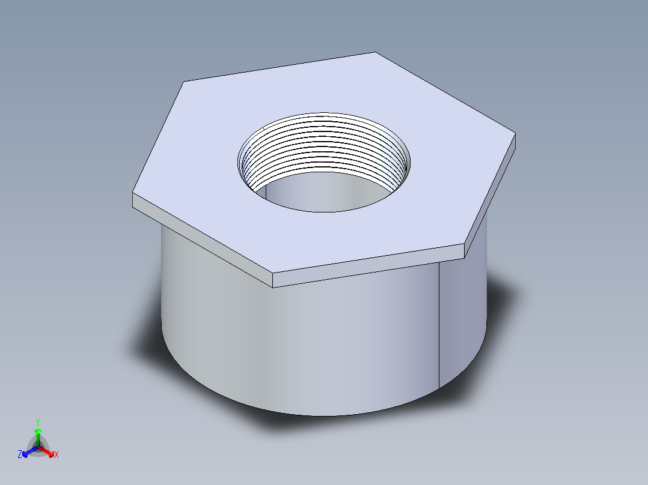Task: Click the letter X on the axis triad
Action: click(x=57, y=455)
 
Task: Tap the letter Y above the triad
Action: click(x=38, y=421)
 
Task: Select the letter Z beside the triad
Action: click(x=20, y=454)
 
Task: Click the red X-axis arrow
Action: click(x=48, y=451)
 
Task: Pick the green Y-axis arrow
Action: click(x=38, y=435)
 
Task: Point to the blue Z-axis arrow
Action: click(x=28, y=451)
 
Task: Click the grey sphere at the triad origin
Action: click(x=38, y=447)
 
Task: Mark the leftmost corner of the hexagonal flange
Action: click(x=133, y=194)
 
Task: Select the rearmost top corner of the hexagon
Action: click(x=376, y=52)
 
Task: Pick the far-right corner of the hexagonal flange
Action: click(x=515, y=134)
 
